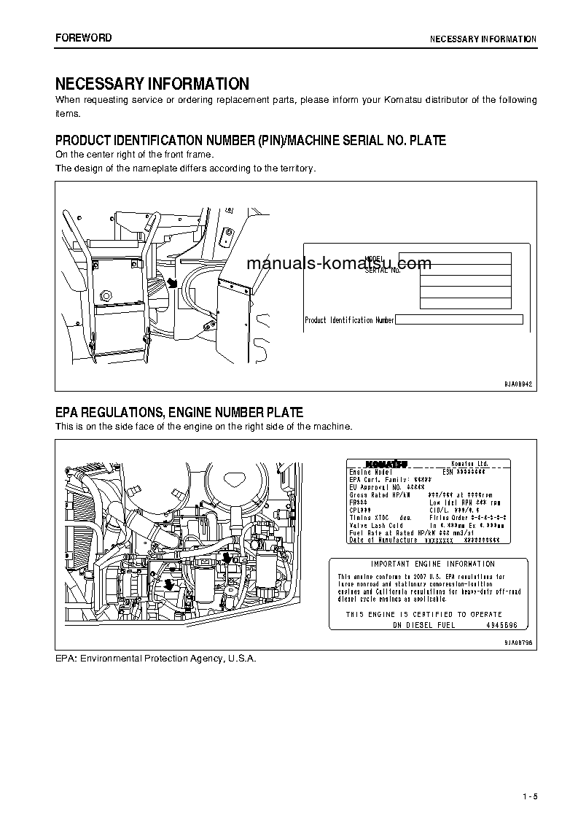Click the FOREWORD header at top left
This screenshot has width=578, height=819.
click(x=83, y=38)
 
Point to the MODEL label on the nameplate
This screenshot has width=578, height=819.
click(x=373, y=259)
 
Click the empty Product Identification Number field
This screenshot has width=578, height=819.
click(x=458, y=319)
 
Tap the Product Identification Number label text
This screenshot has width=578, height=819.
click(x=348, y=320)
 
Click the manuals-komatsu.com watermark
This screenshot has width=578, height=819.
click(x=339, y=263)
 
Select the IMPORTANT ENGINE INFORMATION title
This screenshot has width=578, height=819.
click(x=422, y=564)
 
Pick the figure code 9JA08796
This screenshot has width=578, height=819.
click(x=519, y=641)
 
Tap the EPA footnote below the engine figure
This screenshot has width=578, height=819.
click(x=156, y=658)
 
